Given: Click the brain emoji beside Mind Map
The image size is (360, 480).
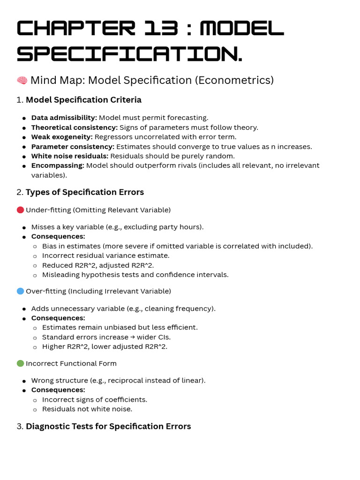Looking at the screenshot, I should (x=22, y=81).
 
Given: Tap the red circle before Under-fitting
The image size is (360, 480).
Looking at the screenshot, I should (x=20, y=210).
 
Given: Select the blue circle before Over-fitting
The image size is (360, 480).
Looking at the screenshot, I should (x=20, y=291).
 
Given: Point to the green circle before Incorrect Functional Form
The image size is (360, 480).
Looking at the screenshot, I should (x=20, y=363).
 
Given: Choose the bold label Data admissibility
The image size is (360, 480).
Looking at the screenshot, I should (x=64, y=118).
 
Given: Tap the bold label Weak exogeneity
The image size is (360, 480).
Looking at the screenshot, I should (x=62, y=137).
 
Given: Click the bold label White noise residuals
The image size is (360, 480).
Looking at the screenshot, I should (x=70, y=156).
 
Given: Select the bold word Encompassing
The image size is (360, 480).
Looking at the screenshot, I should (x=58, y=165).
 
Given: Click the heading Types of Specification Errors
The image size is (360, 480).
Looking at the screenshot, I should (x=85, y=192).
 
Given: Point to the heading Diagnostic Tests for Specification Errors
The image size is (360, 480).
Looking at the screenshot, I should (x=108, y=427).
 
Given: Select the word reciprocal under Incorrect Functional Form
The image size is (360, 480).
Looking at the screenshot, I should (x=125, y=381).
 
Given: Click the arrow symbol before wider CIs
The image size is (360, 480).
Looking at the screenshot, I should (x=133, y=337).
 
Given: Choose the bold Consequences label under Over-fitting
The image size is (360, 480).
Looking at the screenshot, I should (x=58, y=318).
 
